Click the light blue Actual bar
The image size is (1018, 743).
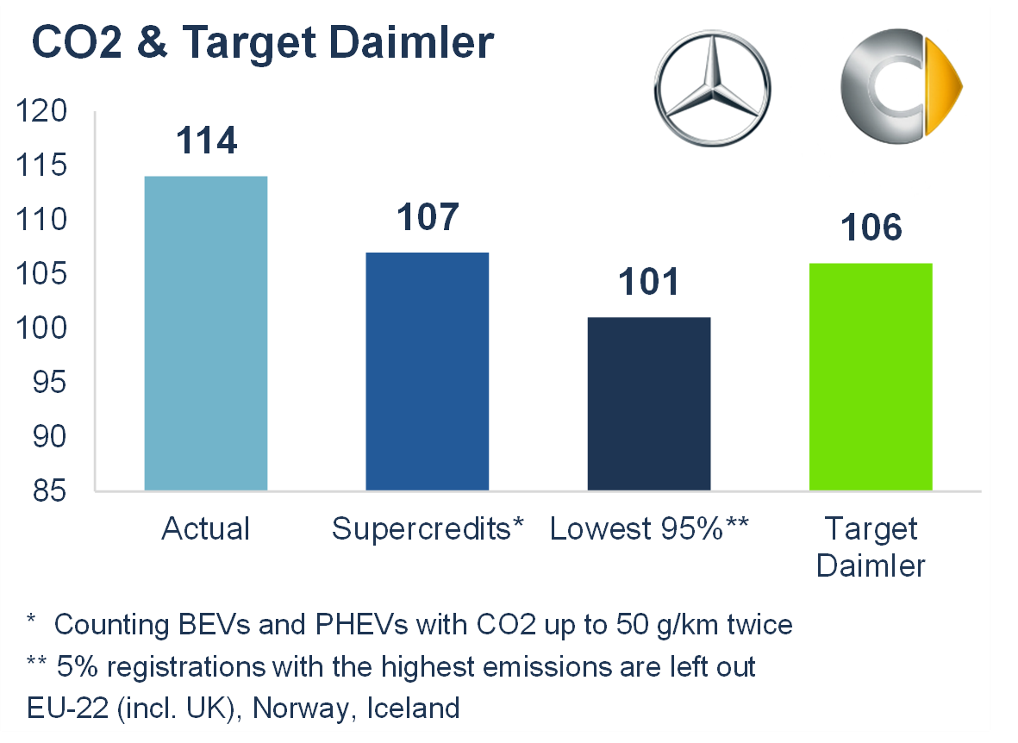click(x=206, y=333)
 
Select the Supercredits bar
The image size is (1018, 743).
click(x=428, y=371)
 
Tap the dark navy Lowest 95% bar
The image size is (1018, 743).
click(x=649, y=403)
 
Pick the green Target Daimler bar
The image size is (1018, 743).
click(x=871, y=377)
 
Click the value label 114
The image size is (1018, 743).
click(x=206, y=140)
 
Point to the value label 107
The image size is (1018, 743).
click(x=428, y=216)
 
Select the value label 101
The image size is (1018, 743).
click(x=649, y=282)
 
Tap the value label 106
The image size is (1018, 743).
click(x=871, y=228)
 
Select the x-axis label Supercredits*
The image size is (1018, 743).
click(x=428, y=528)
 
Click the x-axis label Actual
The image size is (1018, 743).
click(x=206, y=528)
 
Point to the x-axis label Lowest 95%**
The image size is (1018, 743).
click(x=649, y=528)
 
